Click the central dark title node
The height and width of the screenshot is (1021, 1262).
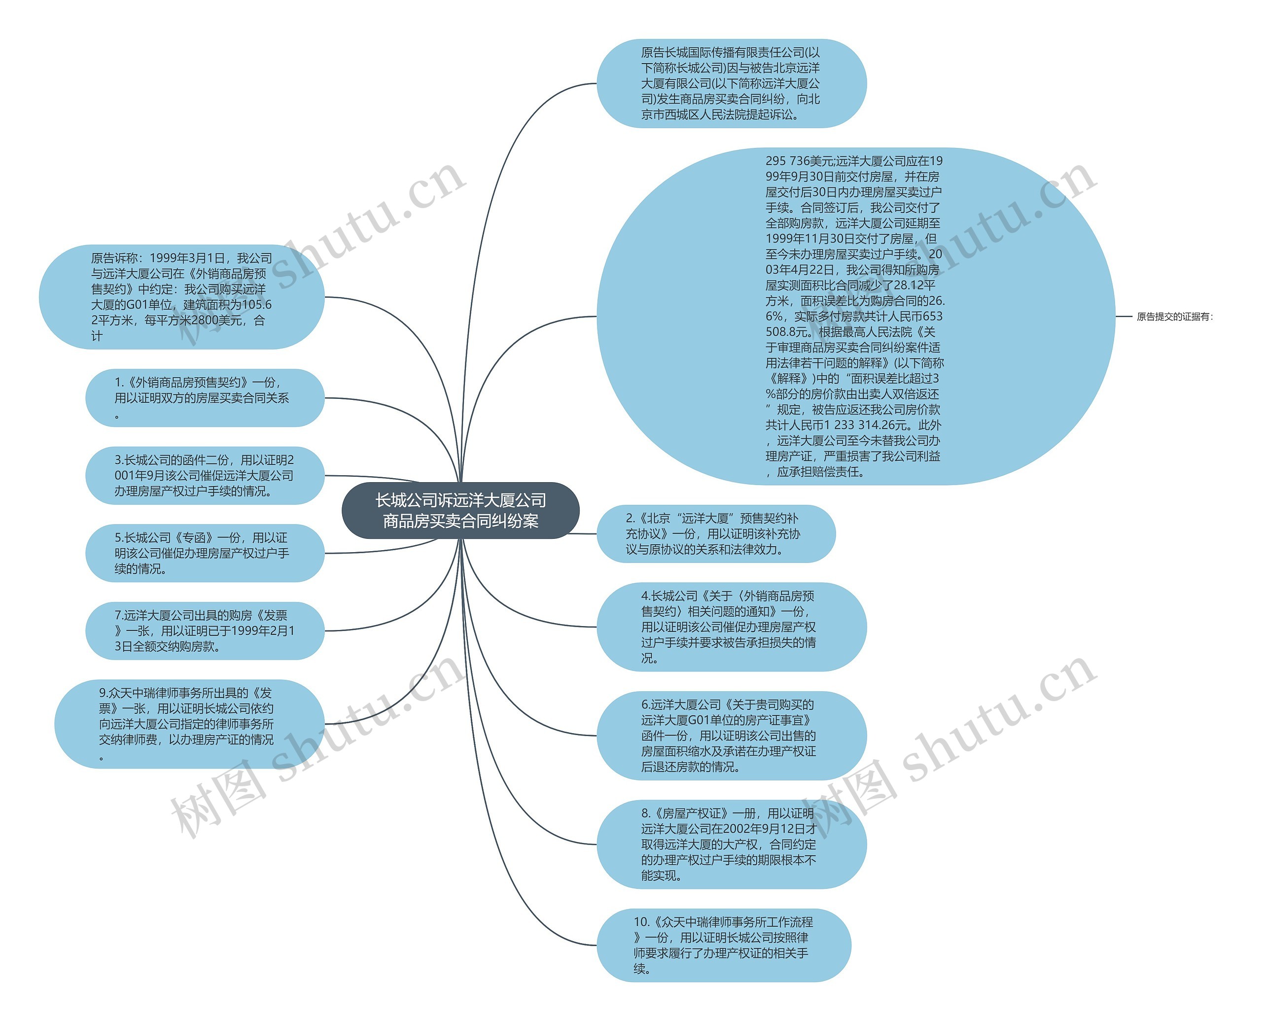click(x=460, y=511)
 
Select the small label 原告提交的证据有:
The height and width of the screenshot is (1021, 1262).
click(x=1174, y=317)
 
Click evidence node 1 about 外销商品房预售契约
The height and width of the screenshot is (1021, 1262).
click(x=205, y=397)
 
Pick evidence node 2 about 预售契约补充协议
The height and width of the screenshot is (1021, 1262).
click(x=716, y=533)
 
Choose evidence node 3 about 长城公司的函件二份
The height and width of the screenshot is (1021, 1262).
click(x=205, y=475)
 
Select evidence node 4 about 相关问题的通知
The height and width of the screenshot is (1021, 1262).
click(x=731, y=627)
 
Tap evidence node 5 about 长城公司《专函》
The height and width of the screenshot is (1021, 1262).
click(x=205, y=553)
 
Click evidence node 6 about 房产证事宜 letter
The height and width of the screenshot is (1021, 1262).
click(x=731, y=735)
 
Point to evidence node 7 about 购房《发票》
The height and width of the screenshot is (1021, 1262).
click(x=205, y=631)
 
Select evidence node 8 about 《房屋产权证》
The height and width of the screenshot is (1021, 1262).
click(x=731, y=844)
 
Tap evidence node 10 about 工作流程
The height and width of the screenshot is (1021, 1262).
click(x=723, y=945)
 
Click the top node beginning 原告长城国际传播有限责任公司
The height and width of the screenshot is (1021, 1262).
click(x=731, y=83)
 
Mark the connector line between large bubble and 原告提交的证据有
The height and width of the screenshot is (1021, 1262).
click(x=1124, y=317)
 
